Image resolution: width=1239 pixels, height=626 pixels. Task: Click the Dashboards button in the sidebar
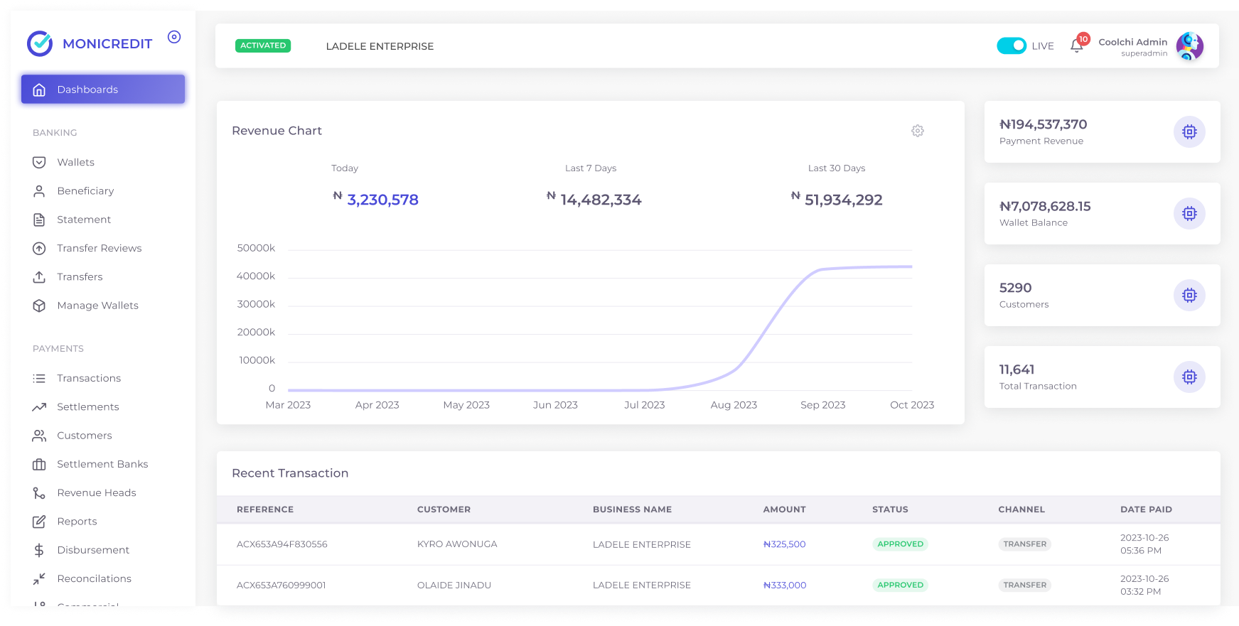coord(103,90)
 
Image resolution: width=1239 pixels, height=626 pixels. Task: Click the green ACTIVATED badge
coord(263,45)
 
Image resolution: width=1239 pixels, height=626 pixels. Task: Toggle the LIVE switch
coord(1011,45)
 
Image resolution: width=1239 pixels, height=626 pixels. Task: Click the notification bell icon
coord(1076,47)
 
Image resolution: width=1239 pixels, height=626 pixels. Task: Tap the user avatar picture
coord(1189,46)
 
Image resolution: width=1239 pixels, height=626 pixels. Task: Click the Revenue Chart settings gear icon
coord(918,131)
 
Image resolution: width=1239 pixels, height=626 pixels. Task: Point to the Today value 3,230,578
coord(382,200)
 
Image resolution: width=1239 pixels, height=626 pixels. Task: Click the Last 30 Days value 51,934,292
coord(844,200)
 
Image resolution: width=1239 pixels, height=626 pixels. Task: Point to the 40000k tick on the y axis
coord(256,276)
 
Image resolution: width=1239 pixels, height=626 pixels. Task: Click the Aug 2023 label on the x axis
coord(734,405)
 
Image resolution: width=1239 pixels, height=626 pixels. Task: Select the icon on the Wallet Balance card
coord(1189,213)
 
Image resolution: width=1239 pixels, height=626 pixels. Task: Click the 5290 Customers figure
coord(1015,288)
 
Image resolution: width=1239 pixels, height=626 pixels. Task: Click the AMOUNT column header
coord(784,509)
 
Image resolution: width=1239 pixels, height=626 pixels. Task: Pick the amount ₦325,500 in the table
coord(784,544)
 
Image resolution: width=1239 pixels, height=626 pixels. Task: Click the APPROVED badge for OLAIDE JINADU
coord(900,585)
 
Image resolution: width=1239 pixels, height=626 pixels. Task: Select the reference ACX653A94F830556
coord(281,544)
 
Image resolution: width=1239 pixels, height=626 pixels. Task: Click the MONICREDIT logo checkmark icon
coord(40,43)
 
